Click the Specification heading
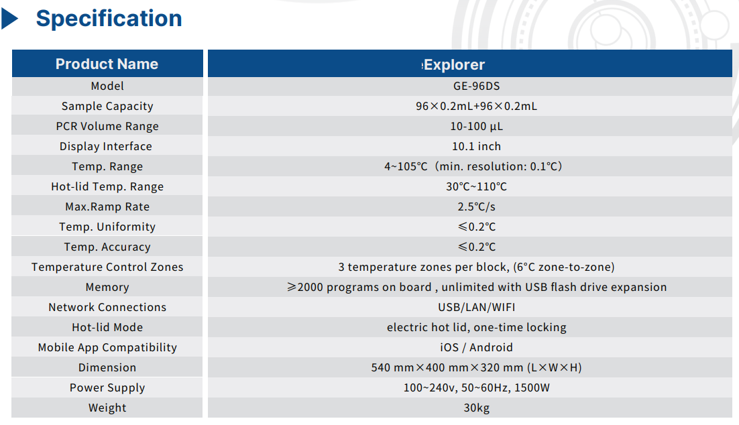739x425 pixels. (x=109, y=19)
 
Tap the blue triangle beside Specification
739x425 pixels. (x=9, y=19)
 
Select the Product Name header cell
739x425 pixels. (x=107, y=64)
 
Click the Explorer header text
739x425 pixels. (x=453, y=64)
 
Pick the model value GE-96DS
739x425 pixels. (x=477, y=86)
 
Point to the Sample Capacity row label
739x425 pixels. (x=107, y=107)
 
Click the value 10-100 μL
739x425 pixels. (x=477, y=126)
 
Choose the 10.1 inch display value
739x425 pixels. (x=477, y=147)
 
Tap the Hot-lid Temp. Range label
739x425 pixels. (x=107, y=186)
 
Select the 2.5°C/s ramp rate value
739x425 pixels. (x=477, y=207)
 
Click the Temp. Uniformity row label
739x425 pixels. (x=107, y=227)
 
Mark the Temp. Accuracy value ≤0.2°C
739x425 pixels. (x=477, y=247)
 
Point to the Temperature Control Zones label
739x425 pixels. (x=107, y=267)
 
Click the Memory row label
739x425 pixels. (x=107, y=288)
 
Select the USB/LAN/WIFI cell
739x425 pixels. (x=477, y=307)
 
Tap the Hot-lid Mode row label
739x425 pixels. (x=107, y=328)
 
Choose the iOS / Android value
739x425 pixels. (x=477, y=347)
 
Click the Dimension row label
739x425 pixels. (x=107, y=367)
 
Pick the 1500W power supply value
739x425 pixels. (x=532, y=387)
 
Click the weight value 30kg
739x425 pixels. (x=477, y=408)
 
